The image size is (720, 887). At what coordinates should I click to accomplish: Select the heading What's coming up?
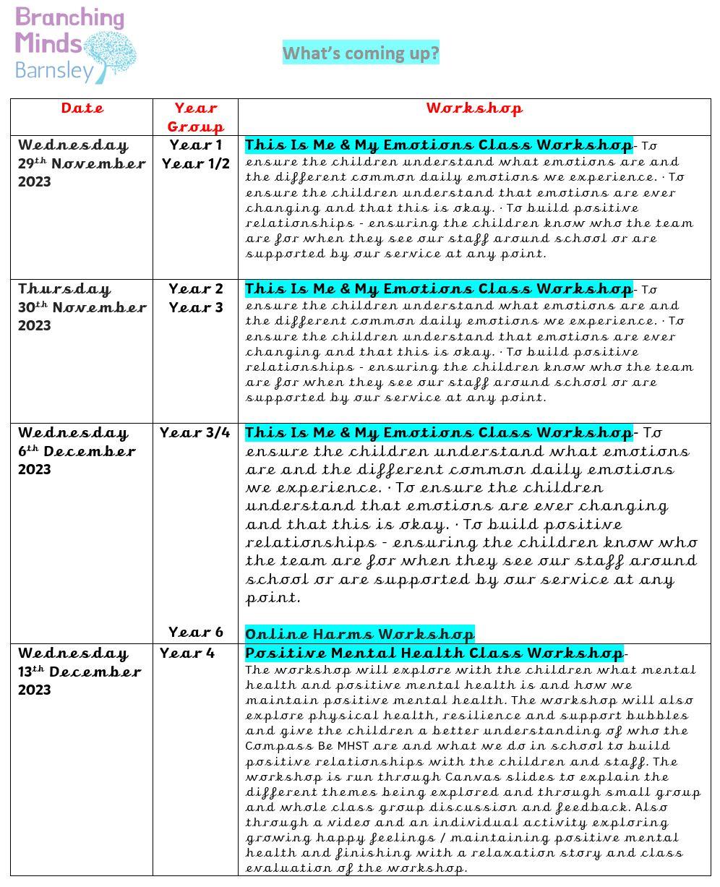pos(361,53)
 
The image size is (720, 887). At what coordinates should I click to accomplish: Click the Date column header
pos(82,108)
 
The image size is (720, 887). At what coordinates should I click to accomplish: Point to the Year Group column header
pos(195,117)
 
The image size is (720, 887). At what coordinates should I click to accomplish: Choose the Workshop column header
pos(473,108)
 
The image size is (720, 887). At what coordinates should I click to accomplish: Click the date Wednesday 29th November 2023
pos(81,163)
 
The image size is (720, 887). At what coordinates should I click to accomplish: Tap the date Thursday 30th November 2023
pos(81,307)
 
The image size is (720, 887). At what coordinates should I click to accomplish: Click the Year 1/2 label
pos(196,164)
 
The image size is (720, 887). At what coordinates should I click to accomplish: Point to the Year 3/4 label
pos(195,433)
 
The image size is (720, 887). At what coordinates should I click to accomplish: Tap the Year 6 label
pos(195,633)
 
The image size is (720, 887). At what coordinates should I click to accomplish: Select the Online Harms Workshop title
pos(359,635)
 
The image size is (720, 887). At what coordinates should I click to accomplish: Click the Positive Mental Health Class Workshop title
pos(434,653)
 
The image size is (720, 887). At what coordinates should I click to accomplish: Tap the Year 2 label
pos(196,289)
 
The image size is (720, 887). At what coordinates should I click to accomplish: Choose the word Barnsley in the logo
pos(54,71)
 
